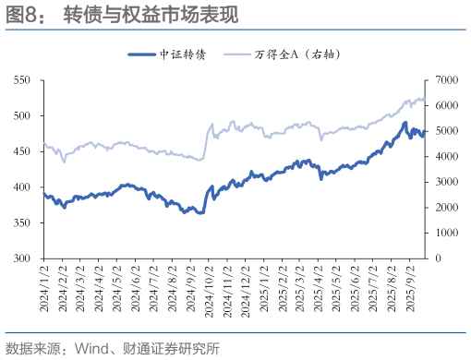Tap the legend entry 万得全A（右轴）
[298, 54]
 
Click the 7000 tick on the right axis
[445, 81]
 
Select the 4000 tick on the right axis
[445, 157]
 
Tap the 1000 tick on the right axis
[445, 234]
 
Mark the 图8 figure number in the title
[22, 16]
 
